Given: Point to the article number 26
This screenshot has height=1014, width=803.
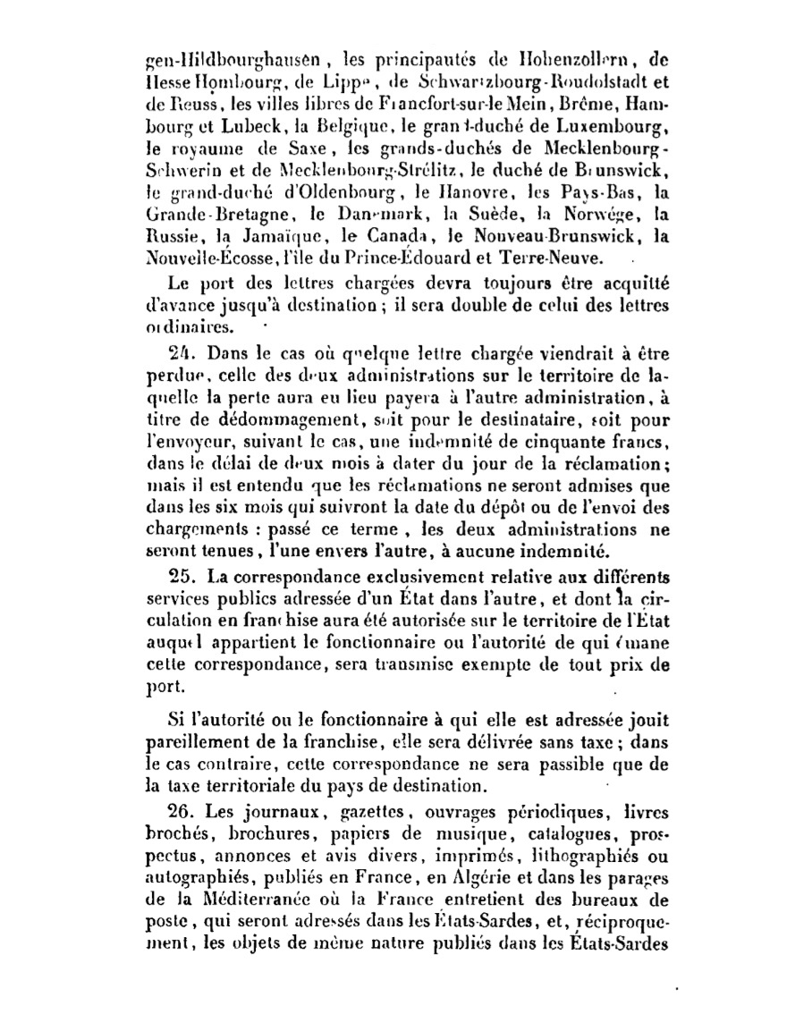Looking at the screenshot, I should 182,813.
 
